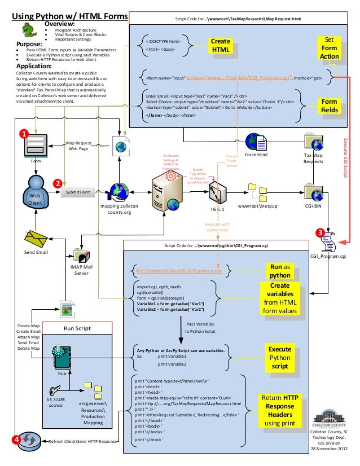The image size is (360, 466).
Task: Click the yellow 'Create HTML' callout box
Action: point(221,46)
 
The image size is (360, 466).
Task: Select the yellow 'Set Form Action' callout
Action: point(329,48)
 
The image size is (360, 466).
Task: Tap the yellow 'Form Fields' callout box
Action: point(329,105)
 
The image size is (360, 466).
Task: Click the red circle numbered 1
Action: point(24,134)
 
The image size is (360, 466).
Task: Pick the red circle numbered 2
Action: point(57,183)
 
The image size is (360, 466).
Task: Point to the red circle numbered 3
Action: point(319,232)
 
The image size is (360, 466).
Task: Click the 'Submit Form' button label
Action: point(78,192)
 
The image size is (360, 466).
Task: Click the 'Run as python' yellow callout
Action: point(280,270)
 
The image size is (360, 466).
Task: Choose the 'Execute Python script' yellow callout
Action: point(280,358)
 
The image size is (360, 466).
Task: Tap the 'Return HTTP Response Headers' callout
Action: point(280,410)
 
